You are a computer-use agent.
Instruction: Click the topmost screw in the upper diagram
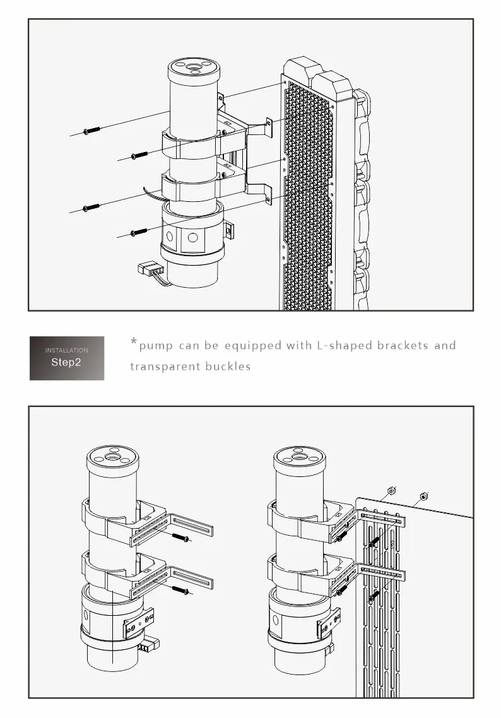coord(92,131)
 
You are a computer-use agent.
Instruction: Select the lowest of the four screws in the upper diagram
coord(139,233)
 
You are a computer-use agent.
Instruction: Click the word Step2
coord(66,363)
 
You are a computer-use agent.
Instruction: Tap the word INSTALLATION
coord(66,350)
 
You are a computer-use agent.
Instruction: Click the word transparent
coord(165,366)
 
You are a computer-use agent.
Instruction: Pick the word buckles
coord(228,366)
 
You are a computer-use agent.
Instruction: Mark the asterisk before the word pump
coord(134,343)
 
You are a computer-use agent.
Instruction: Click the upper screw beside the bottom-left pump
coord(180,538)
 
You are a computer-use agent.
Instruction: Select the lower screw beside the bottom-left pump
coord(180,590)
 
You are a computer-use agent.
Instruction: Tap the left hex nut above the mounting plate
coord(391,490)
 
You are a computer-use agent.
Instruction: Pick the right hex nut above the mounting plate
coord(424,495)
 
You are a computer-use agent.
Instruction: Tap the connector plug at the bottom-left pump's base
coord(150,645)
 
